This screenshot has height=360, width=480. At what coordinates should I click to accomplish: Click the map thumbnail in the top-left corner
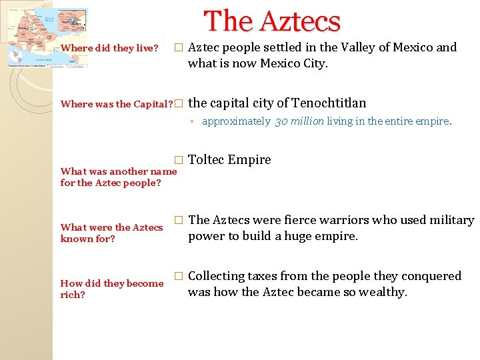pos(47,38)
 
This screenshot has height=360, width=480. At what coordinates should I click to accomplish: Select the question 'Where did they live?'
pos(109,48)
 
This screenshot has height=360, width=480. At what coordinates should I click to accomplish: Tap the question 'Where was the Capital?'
pos(117,104)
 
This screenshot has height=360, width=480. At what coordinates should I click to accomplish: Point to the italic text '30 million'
pos(299,121)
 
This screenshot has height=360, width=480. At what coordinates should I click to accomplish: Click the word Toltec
pos(207,159)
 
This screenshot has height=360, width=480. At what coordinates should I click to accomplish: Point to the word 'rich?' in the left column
pos(73,294)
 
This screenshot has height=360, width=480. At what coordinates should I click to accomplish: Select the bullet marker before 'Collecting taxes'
pos(177,276)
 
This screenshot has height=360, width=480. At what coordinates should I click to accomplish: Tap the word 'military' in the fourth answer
pos(449,220)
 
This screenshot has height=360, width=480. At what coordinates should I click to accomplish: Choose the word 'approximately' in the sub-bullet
pos(236,121)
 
